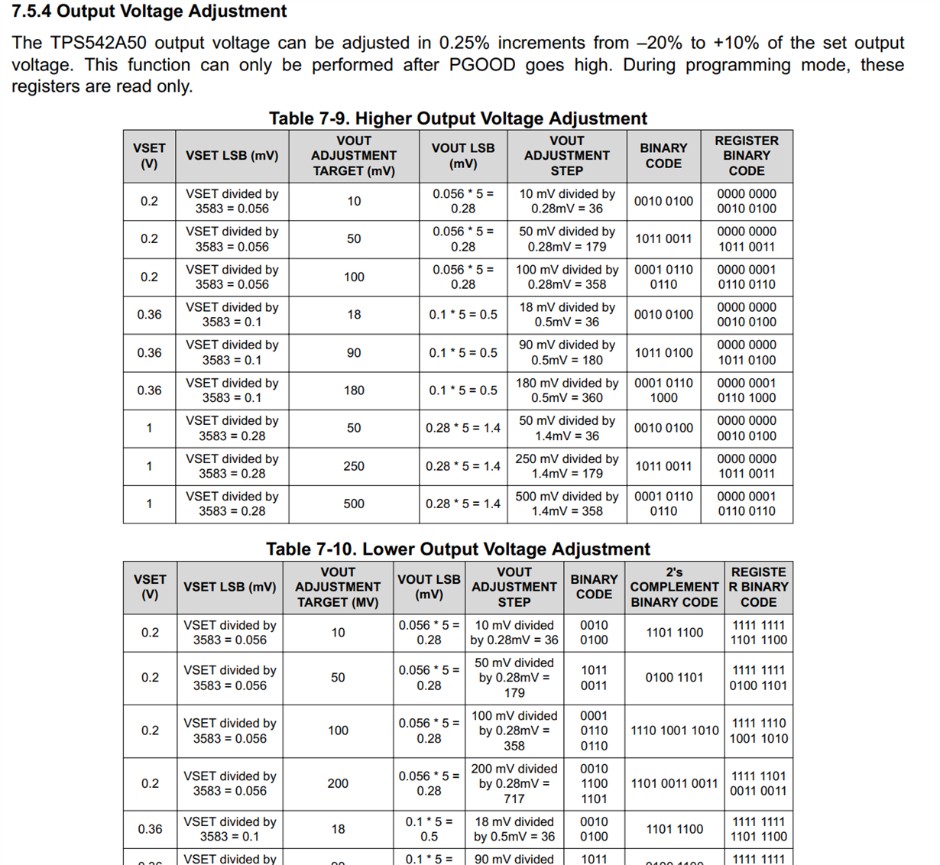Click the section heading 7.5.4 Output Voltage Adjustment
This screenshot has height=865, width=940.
tap(149, 11)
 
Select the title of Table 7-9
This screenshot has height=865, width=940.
tap(458, 118)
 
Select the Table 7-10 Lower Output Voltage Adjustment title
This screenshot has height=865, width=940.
tap(458, 549)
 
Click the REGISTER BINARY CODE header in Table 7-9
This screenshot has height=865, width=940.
tap(746, 156)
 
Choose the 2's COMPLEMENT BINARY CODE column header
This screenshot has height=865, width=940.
tap(674, 587)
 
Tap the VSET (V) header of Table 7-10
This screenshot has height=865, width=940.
tap(150, 587)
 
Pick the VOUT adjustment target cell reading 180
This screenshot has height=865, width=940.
tap(354, 390)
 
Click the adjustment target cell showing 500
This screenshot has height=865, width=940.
tap(354, 504)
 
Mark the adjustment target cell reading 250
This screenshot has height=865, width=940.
tap(354, 466)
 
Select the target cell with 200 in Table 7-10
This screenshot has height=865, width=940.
tap(338, 783)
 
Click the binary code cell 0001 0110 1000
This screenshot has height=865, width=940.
tap(663, 390)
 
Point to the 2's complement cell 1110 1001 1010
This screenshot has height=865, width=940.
tap(674, 731)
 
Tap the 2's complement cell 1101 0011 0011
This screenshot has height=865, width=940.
tap(674, 783)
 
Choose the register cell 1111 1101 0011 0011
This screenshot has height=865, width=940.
tap(758, 783)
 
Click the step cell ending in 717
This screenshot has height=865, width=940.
tap(514, 783)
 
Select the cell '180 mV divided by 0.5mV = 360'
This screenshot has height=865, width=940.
tap(567, 390)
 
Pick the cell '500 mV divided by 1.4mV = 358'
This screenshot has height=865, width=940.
tap(567, 504)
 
